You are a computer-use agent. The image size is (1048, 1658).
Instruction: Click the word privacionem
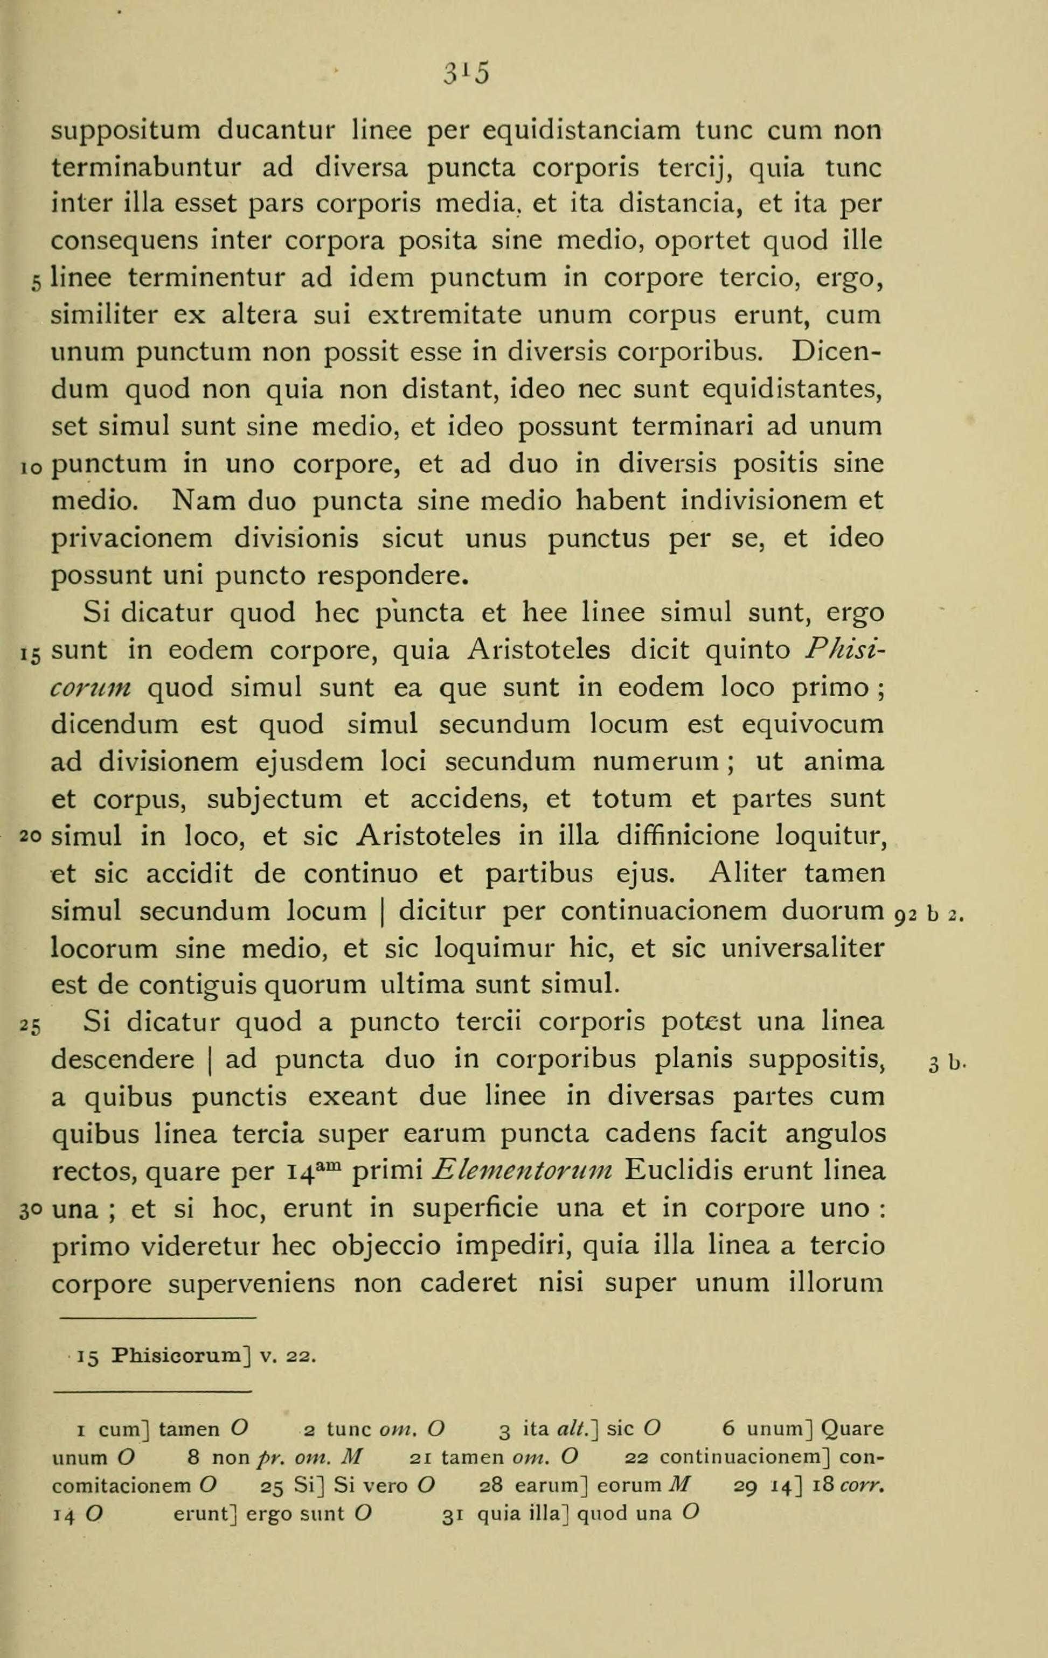click(x=133, y=538)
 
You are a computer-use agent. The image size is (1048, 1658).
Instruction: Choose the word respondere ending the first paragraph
click(x=393, y=576)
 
